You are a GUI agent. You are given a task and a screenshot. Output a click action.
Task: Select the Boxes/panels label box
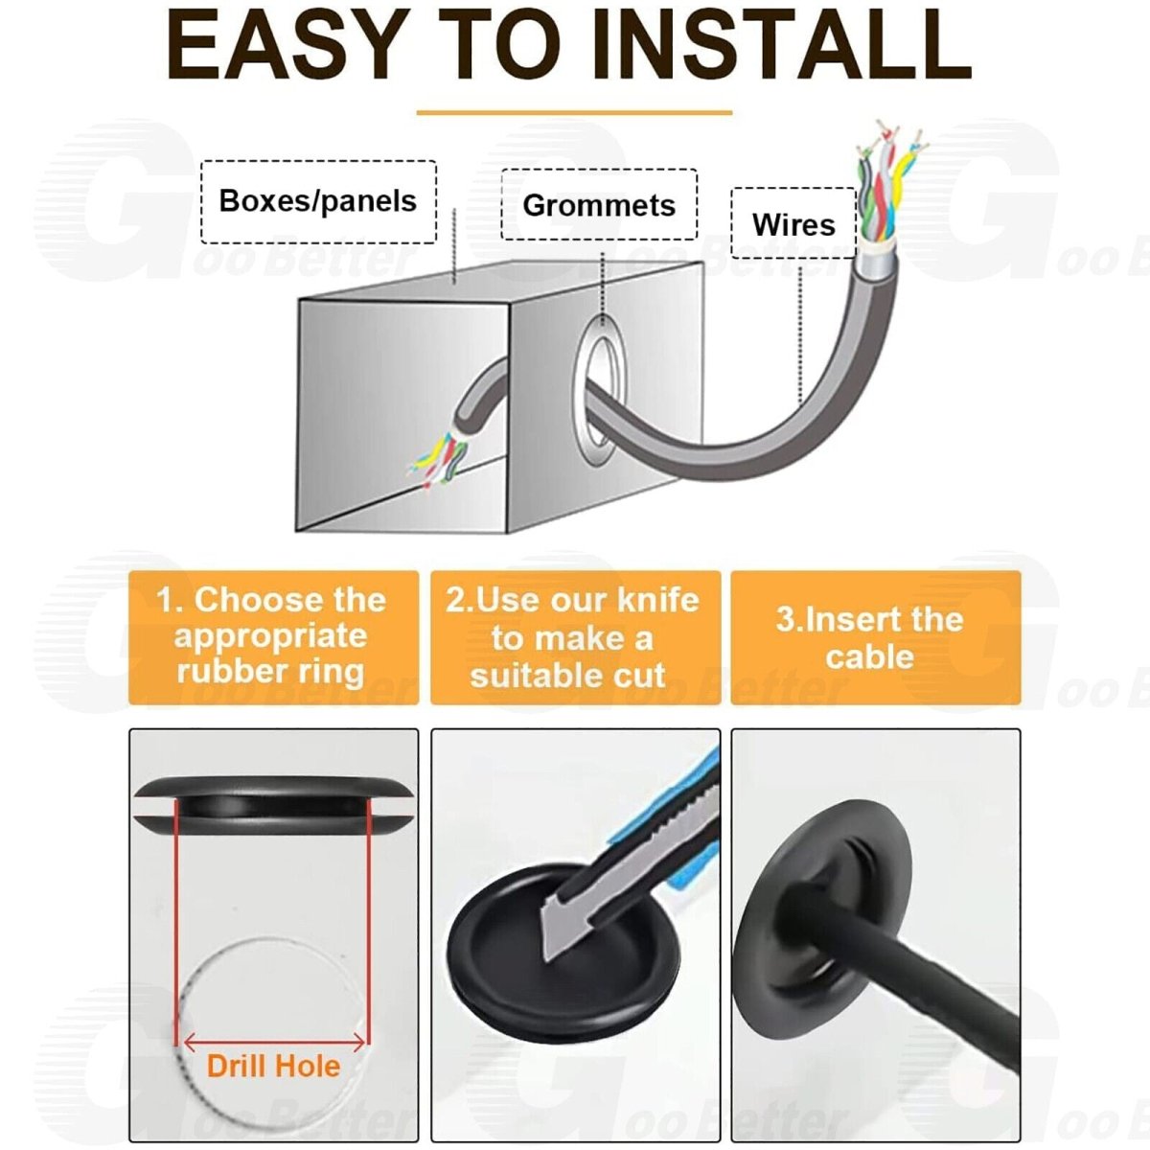(x=319, y=201)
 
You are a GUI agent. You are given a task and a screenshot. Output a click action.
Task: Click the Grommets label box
(x=599, y=205)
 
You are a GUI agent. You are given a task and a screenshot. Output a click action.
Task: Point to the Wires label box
(x=793, y=223)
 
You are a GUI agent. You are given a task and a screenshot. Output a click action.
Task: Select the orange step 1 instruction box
(x=273, y=637)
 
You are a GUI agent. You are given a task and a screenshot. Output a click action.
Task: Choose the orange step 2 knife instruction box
(x=575, y=637)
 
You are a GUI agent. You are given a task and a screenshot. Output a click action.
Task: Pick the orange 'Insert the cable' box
(x=876, y=637)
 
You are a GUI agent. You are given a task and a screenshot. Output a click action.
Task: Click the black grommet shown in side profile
(x=273, y=805)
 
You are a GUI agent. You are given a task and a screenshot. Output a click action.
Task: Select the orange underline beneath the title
(x=574, y=111)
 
